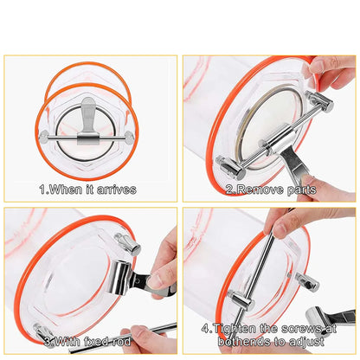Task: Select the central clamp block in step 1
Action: click(89, 138)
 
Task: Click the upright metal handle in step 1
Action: click(89, 113)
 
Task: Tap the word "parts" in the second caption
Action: click(301, 189)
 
